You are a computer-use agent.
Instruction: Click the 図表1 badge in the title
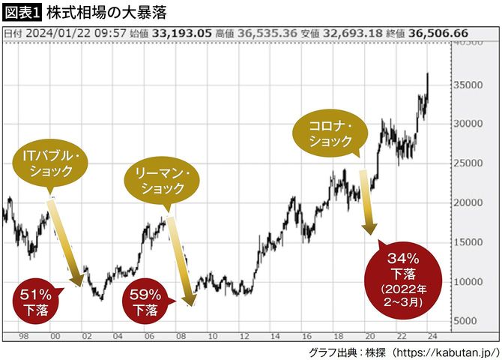pyautogui.click(x=22, y=13)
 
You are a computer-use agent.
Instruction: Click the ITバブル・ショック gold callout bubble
pyautogui.click(x=52, y=164)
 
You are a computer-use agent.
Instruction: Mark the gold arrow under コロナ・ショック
pyautogui.click(x=366, y=201)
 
